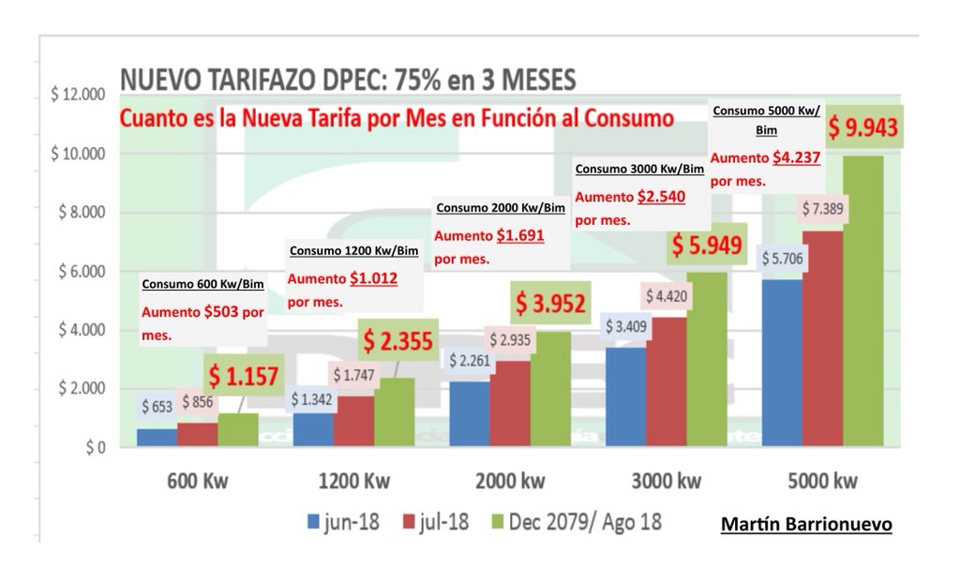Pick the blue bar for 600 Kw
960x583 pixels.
[156, 439]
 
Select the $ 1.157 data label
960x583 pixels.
[246, 377]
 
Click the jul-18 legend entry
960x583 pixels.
[441, 521]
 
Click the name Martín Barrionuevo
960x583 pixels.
[805, 526]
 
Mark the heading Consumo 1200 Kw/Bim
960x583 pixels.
[353, 250]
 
